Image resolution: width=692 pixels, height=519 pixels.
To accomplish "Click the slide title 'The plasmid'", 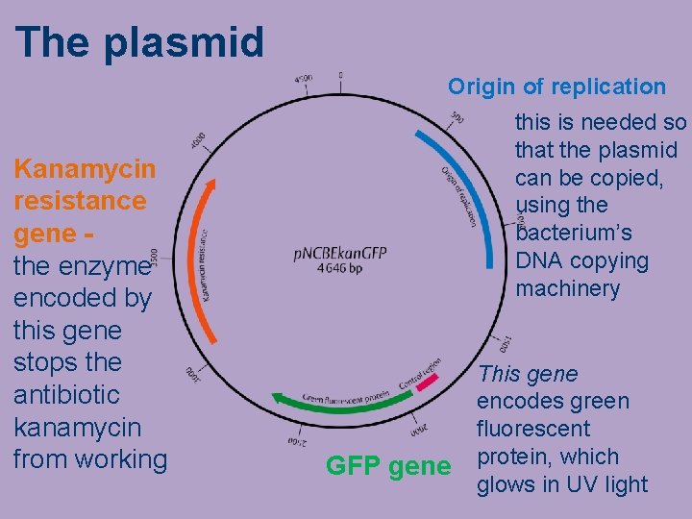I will (x=139, y=41).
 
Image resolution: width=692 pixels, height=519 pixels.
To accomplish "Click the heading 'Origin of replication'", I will (x=556, y=86).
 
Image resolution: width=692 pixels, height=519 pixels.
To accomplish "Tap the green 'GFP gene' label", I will (x=387, y=466).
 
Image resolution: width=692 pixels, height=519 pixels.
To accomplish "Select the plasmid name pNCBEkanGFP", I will (x=340, y=253).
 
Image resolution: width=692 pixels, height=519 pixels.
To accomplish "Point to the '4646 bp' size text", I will (x=339, y=269).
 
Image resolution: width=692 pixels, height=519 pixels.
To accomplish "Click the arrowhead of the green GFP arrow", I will (x=275, y=396).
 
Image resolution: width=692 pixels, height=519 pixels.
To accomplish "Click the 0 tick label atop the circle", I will (x=339, y=75).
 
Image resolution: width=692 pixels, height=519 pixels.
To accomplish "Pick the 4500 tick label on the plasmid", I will (x=303, y=79).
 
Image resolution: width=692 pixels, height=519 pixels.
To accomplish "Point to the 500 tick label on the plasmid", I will (x=457, y=118).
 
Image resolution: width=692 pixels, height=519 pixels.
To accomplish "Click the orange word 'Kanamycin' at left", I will (x=84, y=169).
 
